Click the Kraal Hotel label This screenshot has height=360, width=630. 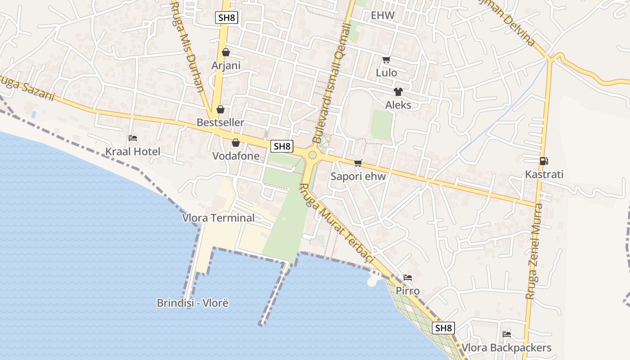coord(133,152)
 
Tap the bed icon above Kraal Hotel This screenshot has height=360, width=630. coord(133,138)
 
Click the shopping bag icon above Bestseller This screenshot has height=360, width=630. coord(220,109)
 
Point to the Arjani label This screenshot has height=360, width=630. coord(226,66)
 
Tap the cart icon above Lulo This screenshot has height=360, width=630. coord(386,59)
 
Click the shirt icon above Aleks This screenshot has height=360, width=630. coord(398,92)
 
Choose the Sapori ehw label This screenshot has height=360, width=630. coord(358,176)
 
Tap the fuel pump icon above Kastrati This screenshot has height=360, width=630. coord(544,161)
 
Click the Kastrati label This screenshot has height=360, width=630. coord(544,175)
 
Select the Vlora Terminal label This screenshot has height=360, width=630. coord(218,218)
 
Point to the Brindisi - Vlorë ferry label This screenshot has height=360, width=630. coord(193,303)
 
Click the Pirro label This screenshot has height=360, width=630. coord(408,291)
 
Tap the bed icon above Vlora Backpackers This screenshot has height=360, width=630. coord(507,334)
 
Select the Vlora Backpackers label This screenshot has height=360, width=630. coord(507,348)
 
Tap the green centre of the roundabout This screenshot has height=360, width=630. coord(312,155)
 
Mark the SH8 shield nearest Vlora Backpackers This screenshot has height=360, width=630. coord(444,328)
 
